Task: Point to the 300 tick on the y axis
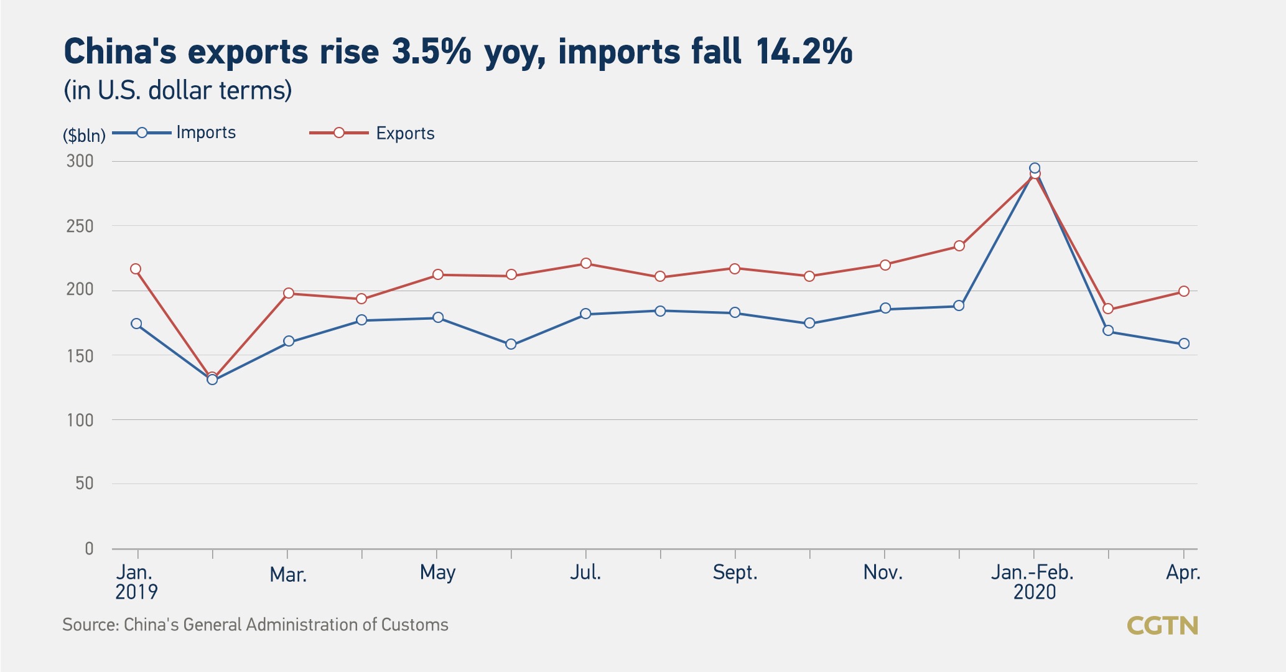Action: point(80,161)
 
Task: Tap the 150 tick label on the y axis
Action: point(80,356)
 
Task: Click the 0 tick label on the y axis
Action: point(89,548)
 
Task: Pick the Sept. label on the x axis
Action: point(735,572)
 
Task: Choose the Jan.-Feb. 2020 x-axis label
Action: point(1033,582)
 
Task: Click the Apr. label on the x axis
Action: point(1183,572)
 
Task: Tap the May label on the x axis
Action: point(437,572)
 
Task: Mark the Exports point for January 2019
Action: point(136,269)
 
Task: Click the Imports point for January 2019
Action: point(136,324)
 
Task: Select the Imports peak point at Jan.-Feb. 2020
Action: point(1035,168)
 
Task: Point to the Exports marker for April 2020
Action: point(1184,291)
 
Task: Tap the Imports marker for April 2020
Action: point(1184,343)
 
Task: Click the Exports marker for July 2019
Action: point(585,263)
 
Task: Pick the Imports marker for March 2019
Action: point(289,341)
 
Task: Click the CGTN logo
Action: point(1162,625)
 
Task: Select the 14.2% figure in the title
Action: point(804,51)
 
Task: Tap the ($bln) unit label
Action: point(84,135)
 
